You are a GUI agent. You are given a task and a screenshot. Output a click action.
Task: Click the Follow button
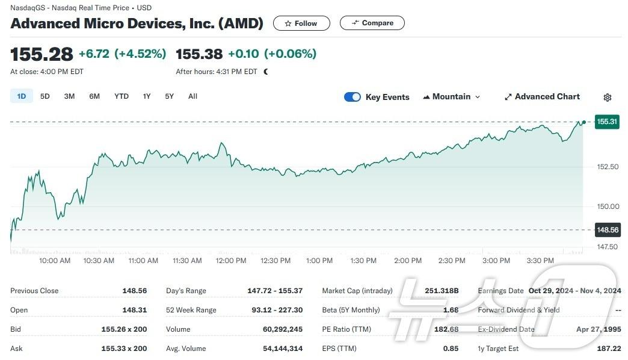click(301, 23)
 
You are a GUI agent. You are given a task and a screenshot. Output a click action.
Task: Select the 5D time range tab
click(45, 96)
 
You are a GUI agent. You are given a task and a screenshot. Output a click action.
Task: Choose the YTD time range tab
click(122, 96)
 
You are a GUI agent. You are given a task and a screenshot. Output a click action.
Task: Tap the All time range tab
click(192, 96)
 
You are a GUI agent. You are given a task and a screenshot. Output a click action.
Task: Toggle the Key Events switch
click(352, 97)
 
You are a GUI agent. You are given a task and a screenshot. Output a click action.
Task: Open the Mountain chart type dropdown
click(452, 97)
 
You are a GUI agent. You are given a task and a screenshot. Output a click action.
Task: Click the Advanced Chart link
click(542, 97)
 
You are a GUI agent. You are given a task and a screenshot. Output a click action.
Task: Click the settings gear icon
click(608, 98)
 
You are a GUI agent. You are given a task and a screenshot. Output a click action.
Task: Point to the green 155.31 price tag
click(607, 122)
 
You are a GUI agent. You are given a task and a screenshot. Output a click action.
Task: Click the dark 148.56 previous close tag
click(607, 230)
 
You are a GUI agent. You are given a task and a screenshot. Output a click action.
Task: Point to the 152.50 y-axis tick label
click(607, 167)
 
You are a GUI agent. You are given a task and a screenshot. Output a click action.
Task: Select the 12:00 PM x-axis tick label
click(231, 261)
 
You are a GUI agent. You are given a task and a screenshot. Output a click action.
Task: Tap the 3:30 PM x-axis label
click(540, 261)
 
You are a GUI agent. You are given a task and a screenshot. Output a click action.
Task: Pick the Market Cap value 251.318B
click(442, 291)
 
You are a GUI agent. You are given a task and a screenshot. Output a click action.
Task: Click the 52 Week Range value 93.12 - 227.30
click(275, 310)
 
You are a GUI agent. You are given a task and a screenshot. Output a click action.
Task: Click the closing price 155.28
click(42, 54)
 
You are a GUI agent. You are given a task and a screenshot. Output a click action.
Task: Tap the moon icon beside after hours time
click(266, 72)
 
